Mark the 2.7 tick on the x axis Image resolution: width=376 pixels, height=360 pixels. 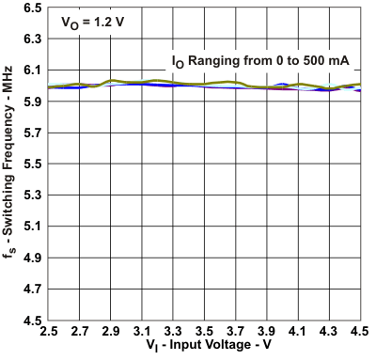click(80, 332)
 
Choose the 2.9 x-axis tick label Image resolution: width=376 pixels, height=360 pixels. click(111, 332)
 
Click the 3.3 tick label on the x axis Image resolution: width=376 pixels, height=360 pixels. click(173, 332)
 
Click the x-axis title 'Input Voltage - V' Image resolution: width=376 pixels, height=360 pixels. click(211, 348)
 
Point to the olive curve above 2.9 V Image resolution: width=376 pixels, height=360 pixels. click(111, 81)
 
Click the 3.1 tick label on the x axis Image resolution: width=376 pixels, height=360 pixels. click(142, 332)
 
